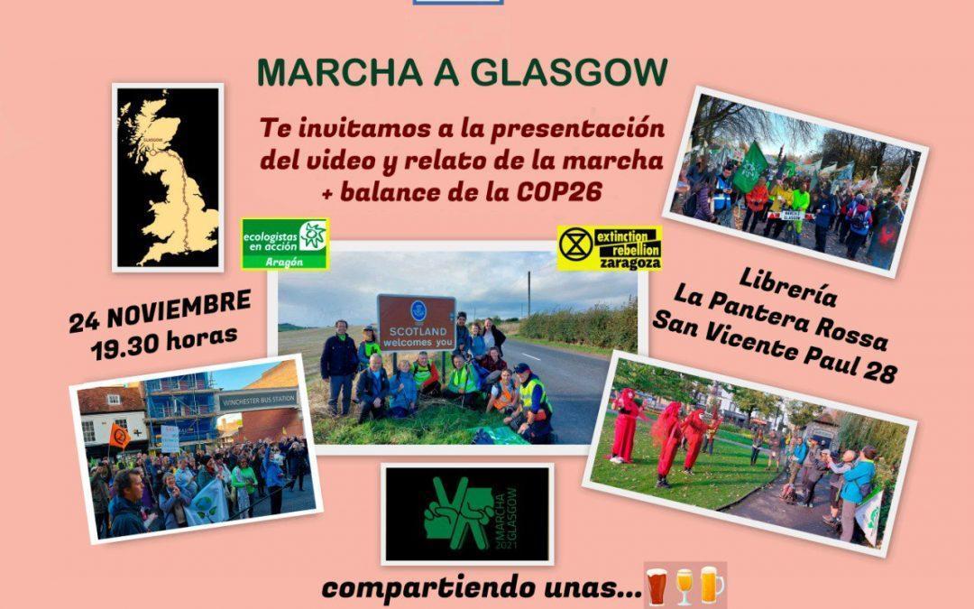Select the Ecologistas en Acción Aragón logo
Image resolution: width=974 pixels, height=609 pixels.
[x=284, y=244]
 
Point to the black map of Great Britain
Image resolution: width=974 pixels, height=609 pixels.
[x=168, y=178]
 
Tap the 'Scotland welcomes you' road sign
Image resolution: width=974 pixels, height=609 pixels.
[x=416, y=323]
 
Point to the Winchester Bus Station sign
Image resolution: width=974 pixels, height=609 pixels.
[x=258, y=399]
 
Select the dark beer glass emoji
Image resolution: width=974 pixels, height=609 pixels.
[x=657, y=586]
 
